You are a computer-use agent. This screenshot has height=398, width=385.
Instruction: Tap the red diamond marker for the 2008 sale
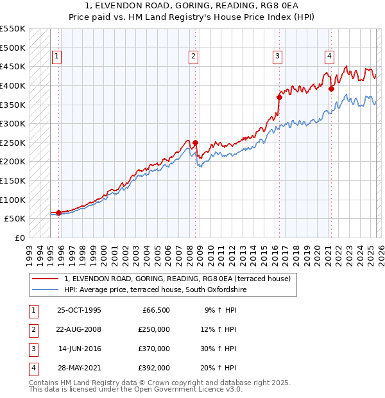coord(195,143)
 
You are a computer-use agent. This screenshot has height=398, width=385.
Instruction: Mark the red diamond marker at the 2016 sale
coord(279,97)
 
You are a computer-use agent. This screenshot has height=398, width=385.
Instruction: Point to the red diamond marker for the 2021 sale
coord(332,89)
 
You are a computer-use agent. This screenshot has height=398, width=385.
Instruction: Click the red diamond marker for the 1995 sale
coord(58,212)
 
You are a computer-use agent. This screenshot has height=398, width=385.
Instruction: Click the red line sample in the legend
coord(45,279)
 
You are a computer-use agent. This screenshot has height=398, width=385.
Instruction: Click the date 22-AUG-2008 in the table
coord(78,329)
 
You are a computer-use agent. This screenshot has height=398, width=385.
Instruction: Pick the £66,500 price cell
coord(156,310)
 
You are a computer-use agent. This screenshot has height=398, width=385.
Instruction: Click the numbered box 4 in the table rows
coord(33,368)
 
